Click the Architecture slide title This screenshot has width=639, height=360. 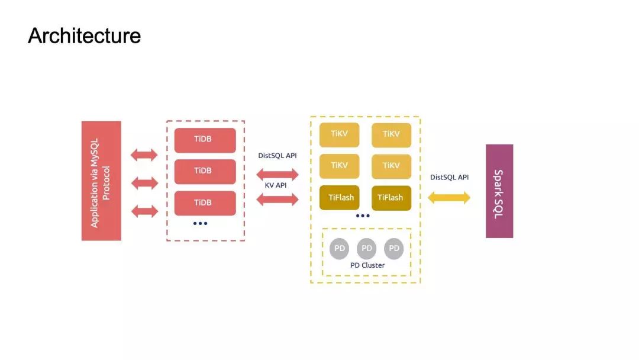tap(84, 36)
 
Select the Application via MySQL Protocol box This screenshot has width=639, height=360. tap(101, 181)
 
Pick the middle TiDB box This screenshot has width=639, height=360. tap(205, 171)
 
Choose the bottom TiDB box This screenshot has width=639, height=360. tap(205, 203)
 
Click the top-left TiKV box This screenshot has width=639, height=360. tap(339, 135)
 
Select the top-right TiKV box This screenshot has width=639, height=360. tap(391, 135)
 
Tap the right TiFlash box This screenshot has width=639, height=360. tap(391, 198)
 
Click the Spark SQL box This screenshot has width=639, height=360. tap(499, 191)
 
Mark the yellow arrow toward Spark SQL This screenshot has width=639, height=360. tap(449, 198)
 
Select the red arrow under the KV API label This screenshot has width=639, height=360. tap(277, 200)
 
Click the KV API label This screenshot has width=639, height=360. tap(277, 186)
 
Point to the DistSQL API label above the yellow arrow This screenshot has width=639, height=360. tap(449, 177)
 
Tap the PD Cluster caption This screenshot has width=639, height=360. tap(367, 265)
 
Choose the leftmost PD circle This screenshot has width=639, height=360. tap(340, 249)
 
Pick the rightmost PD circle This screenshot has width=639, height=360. tap(394, 249)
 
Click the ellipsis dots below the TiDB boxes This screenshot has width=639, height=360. tap(200, 223)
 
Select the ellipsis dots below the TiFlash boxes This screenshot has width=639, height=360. tap(363, 216)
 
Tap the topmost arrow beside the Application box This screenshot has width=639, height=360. tap(144, 155)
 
